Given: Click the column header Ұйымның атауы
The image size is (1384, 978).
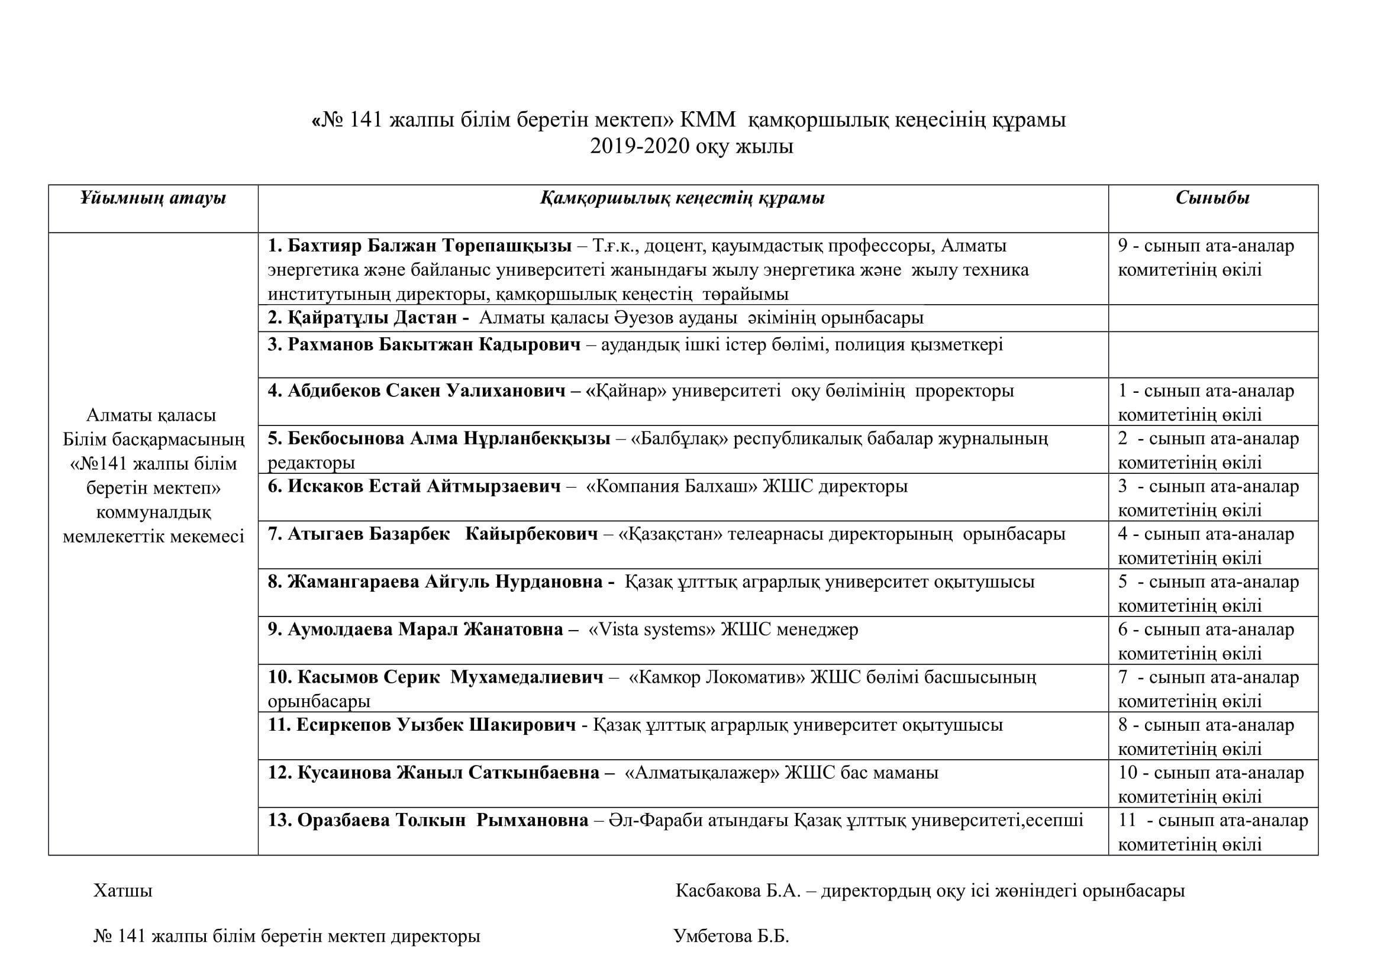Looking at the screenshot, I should (x=153, y=198).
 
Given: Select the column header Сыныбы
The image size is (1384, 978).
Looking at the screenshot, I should (x=1212, y=198).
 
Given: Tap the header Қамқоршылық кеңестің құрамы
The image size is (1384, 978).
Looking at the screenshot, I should (x=682, y=198).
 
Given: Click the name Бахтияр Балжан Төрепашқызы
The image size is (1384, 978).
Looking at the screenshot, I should (x=429, y=246).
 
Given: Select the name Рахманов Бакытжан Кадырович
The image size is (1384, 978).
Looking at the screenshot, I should (x=434, y=345).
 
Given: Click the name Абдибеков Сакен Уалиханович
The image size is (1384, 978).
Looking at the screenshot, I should (x=426, y=391).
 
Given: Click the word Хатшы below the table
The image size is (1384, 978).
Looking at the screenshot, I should (x=123, y=891).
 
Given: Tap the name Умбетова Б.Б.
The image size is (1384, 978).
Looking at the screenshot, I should (x=731, y=937).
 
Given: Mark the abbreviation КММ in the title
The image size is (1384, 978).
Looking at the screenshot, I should (x=708, y=121).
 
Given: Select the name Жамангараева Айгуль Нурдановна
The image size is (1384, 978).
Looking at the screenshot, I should (x=445, y=582).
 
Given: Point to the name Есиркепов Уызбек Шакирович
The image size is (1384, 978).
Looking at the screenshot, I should (x=436, y=725).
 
